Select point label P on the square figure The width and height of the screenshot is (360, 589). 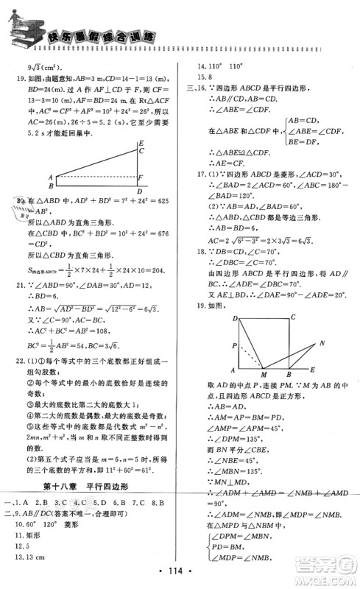pyautogui.click(x=234, y=345)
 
